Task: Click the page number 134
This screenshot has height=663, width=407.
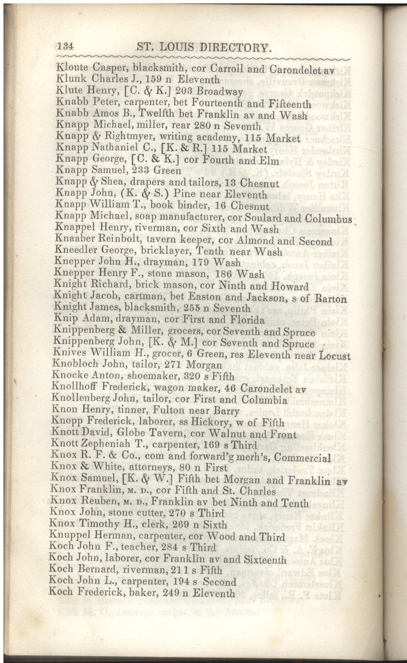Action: (x=67, y=46)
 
